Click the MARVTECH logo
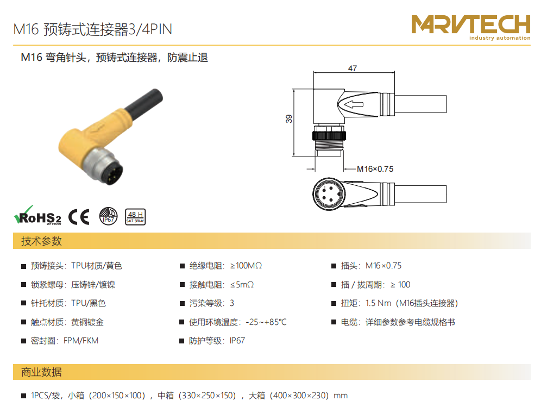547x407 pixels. pyautogui.click(x=470, y=27)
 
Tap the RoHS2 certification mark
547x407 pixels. pyautogui.click(x=37, y=215)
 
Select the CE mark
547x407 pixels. pyautogui.click(x=79, y=217)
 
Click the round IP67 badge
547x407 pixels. pyautogui.click(x=109, y=216)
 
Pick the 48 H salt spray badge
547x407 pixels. pyautogui.click(x=135, y=217)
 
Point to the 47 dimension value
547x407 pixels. pyautogui.click(x=353, y=68)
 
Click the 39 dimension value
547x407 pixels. pyautogui.click(x=289, y=118)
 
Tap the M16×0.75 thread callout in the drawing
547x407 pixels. pyautogui.click(x=375, y=169)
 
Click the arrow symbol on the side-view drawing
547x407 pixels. pyautogui.click(x=354, y=104)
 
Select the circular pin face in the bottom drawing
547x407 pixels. pyautogui.click(x=329, y=194)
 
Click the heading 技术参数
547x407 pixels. pyautogui.click(x=41, y=241)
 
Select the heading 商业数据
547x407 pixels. pyautogui.click(x=41, y=372)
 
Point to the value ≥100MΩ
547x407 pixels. pyautogui.click(x=246, y=266)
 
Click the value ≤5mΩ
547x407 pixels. pyautogui.click(x=242, y=285)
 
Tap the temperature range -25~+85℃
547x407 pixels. pyautogui.click(x=266, y=322)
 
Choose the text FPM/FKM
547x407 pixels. pyautogui.click(x=81, y=341)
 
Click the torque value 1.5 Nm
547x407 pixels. pyautogui.click(x=378, y=303)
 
